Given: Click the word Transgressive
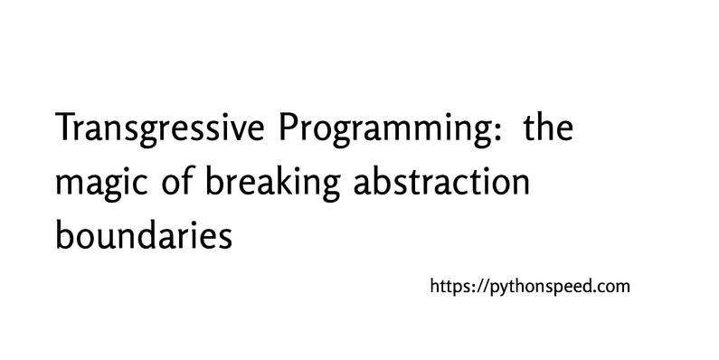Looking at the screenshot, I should click(156, 134).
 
